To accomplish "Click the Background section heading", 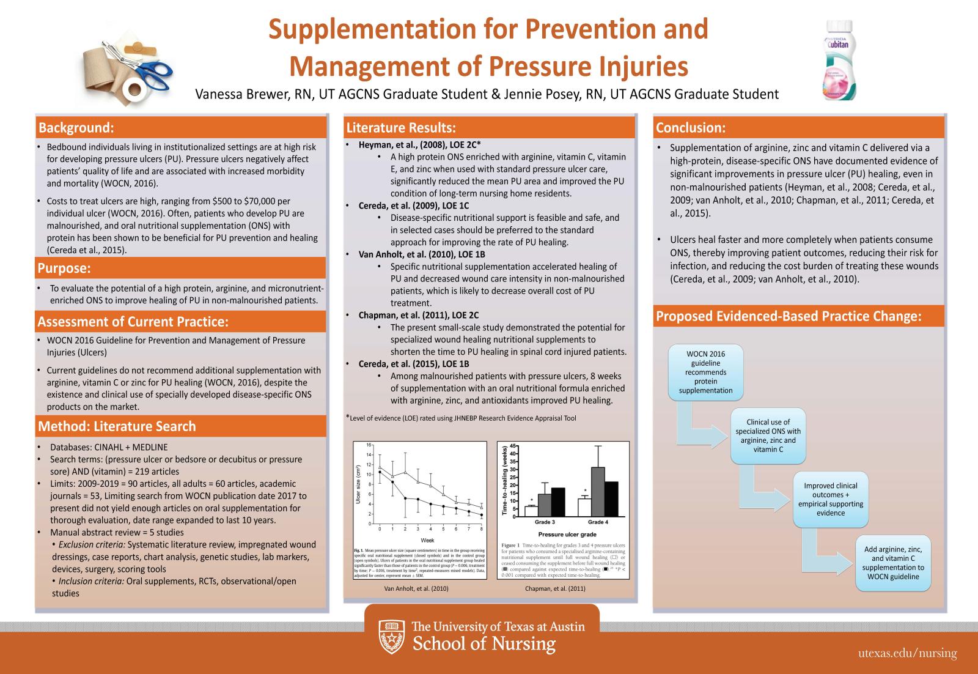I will (76, 128).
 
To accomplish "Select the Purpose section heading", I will (64, 268).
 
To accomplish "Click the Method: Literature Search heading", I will (117, 426).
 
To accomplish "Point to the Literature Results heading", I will (401, 128).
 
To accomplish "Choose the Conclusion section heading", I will (691, 128).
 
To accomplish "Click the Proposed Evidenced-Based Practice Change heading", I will (788, 316).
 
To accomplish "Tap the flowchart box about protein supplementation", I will (706, 372).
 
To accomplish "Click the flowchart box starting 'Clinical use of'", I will (768, 435).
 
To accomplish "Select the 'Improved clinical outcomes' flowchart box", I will (831, 499).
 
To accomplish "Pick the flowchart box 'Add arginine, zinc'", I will (893, 563).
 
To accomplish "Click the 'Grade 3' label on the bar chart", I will (545, 522).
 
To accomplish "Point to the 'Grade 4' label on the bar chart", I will (597, 522).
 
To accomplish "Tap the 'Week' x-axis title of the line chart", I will (427, 541).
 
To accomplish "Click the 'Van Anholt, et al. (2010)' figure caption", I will (416, 588).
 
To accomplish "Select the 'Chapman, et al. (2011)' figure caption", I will (555, 588).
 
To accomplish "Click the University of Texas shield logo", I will (391, 636).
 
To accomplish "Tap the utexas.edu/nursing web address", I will (907, 653).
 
